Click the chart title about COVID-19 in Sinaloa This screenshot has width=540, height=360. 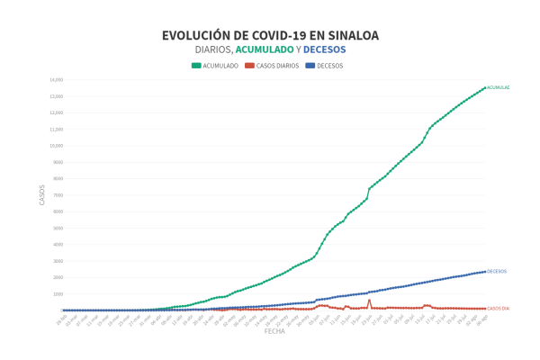click(x=270, y=35)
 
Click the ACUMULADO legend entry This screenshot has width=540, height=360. click(x=216, y=66)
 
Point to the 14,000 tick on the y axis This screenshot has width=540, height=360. click(x=56, y=80)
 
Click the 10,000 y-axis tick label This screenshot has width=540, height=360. click(x=56, y=146)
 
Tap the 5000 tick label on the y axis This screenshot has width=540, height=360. click(x=57, y=228)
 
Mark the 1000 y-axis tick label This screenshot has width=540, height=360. click(x=57, y=293)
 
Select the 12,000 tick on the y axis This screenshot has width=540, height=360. click(x=56, y=112)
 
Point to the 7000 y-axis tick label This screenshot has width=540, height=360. click(x=57, y=195)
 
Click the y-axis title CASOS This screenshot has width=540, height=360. click(x=41, y=195)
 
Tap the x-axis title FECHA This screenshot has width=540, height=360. click(x=274, y=331)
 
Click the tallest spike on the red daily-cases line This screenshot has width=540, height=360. click(x=369, y=301)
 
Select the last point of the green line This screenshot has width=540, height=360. click(x=485, y=87)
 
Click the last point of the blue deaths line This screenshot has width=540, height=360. click(x=485, y=271)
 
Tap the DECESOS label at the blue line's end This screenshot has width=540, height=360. click(x=497, y=271)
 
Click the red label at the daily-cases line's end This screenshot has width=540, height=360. click(x=499, y=309)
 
